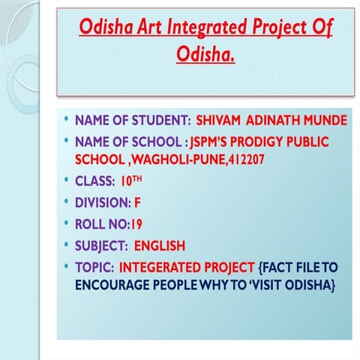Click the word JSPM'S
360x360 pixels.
pos(211,141)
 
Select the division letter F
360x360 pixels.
pos(138,202)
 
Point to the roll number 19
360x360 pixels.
pos(136,223)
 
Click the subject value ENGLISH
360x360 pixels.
pos(159,245)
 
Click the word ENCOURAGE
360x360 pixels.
pos(112,286)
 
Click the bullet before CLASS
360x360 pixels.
pos(67,181)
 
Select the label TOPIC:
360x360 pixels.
pos(94,267)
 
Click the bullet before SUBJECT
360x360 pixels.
pos(67,245)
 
